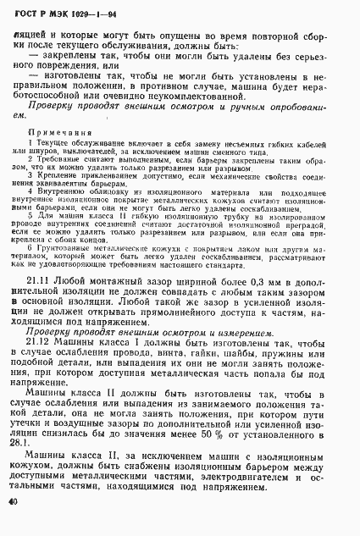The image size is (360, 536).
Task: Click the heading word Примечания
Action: pos(58,133)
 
